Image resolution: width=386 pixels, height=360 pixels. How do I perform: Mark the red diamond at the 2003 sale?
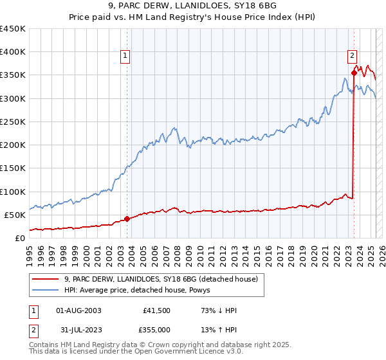(127, 219)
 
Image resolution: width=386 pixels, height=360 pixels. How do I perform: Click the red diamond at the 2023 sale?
(354, 73)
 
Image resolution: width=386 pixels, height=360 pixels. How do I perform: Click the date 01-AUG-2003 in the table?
(79, 310)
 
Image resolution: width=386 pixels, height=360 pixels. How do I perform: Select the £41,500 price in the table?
(157, 310)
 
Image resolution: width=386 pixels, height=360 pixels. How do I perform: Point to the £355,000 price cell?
(156, 330)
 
